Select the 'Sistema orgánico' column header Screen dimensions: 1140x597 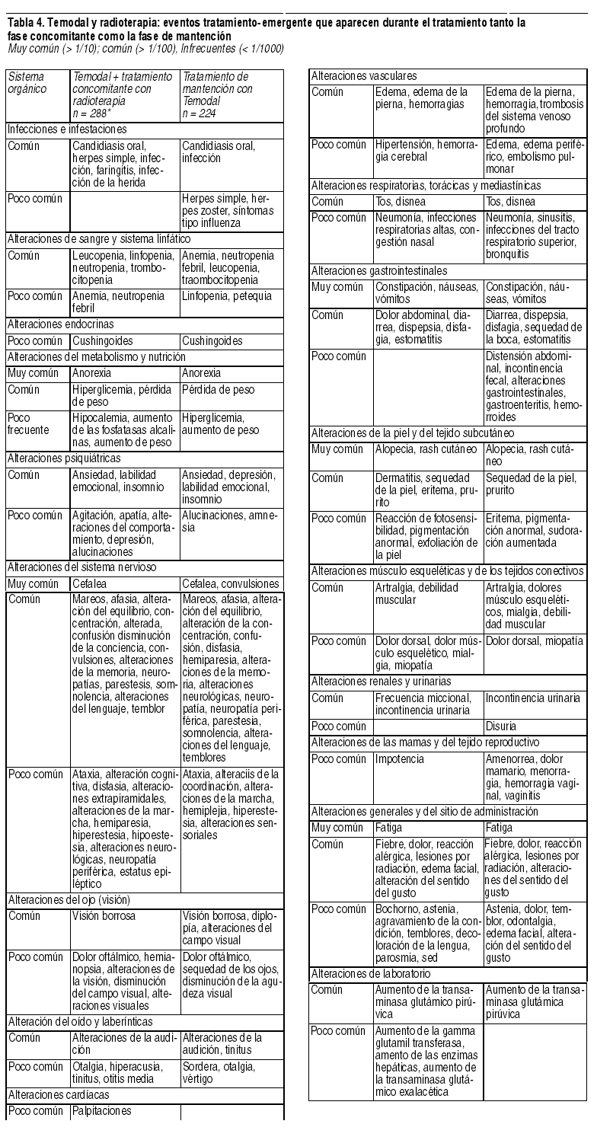pyautogui.click(x=25, y=82)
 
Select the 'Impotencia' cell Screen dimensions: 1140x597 pyautogui.click(x=400, y=758)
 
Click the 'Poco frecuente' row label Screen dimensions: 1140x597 pyautogui.click(x=27, y=423)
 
